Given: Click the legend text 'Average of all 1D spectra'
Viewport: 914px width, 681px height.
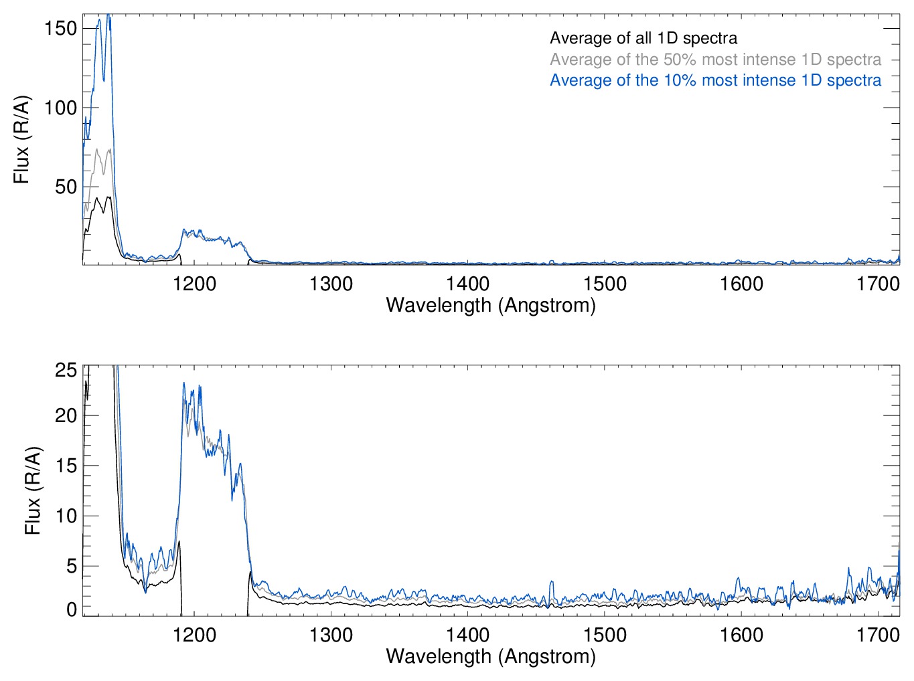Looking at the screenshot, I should coord(643,39).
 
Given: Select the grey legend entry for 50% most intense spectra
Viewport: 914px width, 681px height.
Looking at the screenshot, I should coord(715,60).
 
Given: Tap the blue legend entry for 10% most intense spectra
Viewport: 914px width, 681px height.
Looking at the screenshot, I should coord(715,80).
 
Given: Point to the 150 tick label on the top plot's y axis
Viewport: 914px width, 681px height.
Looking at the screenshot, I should coord(61,28).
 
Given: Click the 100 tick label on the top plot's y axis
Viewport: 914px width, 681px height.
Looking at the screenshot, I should coord(61,108).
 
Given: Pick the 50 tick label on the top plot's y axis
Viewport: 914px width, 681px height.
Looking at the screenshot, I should coord(66,187).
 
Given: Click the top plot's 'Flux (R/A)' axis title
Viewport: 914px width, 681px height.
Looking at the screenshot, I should coord(21,140).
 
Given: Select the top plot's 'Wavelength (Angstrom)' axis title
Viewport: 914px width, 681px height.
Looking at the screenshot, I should coord(491,306).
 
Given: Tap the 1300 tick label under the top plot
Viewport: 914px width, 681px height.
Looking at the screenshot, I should coord(331,284).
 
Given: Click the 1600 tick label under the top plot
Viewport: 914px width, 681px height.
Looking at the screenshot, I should coord(741,284).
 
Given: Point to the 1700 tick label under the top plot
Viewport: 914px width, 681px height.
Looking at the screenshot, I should coord(878,284).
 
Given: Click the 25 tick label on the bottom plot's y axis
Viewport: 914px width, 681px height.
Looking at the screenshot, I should coord(66,370).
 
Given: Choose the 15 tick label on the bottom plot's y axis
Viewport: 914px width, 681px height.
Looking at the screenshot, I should coord(66,466).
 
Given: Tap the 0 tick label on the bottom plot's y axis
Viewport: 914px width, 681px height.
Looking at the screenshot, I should coord(72,609).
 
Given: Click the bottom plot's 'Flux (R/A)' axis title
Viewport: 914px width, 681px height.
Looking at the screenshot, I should coord(32,490).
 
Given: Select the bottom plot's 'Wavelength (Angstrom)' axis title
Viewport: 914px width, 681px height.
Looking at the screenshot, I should coord(491,656).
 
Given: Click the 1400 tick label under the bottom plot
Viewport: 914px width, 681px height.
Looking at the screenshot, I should coord(467,634).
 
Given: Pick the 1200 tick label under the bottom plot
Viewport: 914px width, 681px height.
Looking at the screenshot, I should coord(194,634).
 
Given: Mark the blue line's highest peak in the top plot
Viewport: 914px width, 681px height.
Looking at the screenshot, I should coord(108,16).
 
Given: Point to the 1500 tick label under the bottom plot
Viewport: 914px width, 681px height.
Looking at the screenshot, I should coord(605,634).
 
